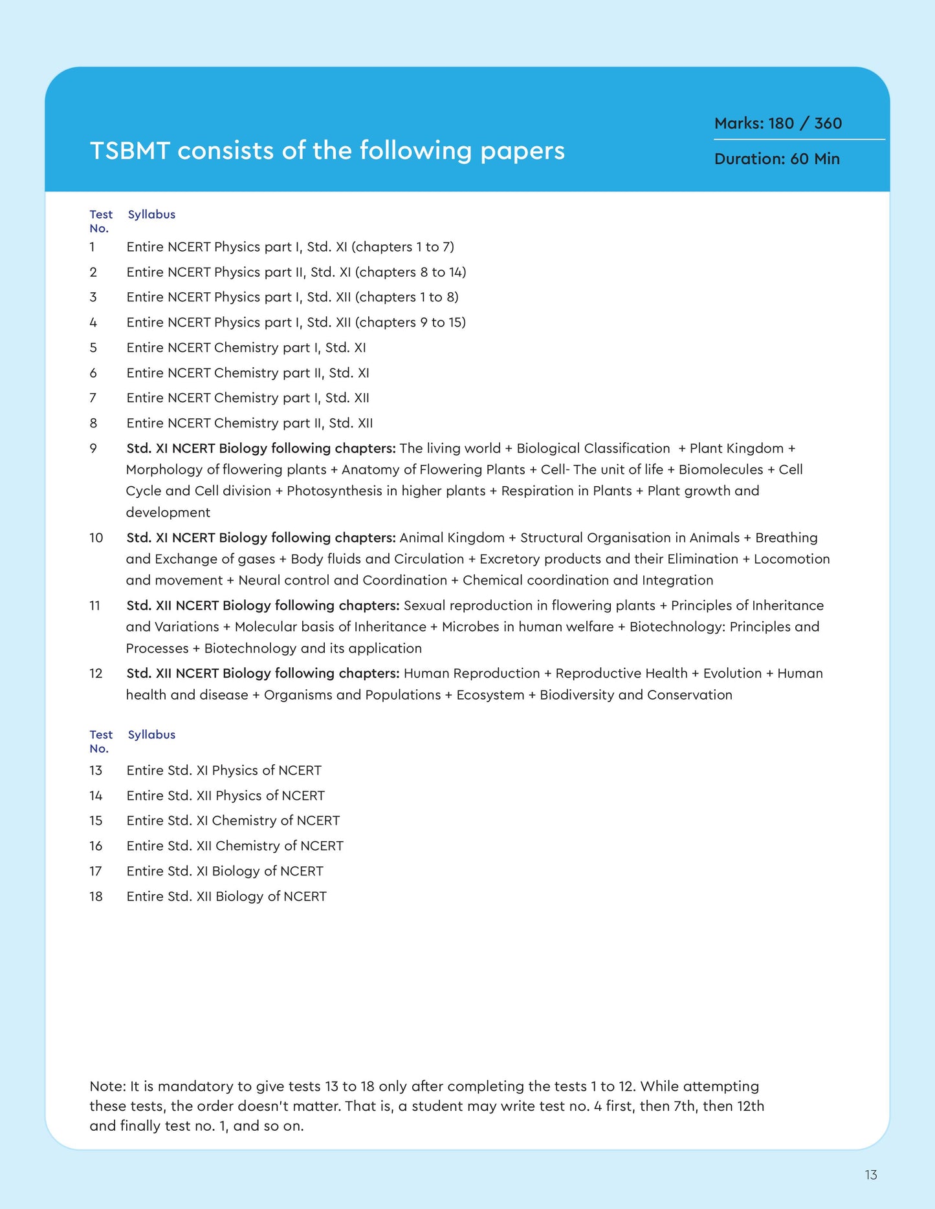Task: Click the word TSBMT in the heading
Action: [x=129, y=151]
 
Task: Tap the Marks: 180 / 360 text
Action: [x=778, y=123]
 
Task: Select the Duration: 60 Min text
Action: [x=776, y=159]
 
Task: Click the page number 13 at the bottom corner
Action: [x=870, y=1175]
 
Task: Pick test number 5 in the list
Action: [x=93, y=348]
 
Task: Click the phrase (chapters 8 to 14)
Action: [x=410, y=272]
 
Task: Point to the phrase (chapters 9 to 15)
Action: [x=410, y=323]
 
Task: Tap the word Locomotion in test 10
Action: [x=791, y=559]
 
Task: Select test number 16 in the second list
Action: [x=96, y=846]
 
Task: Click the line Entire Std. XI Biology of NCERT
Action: [x=225, y=872]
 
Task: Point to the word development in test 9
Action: [x=168, y=513]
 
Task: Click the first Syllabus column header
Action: [x=151, y=215]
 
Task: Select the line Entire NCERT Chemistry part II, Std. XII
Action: [x=249, y=423]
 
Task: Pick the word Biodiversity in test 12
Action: [x=577, y=695]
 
